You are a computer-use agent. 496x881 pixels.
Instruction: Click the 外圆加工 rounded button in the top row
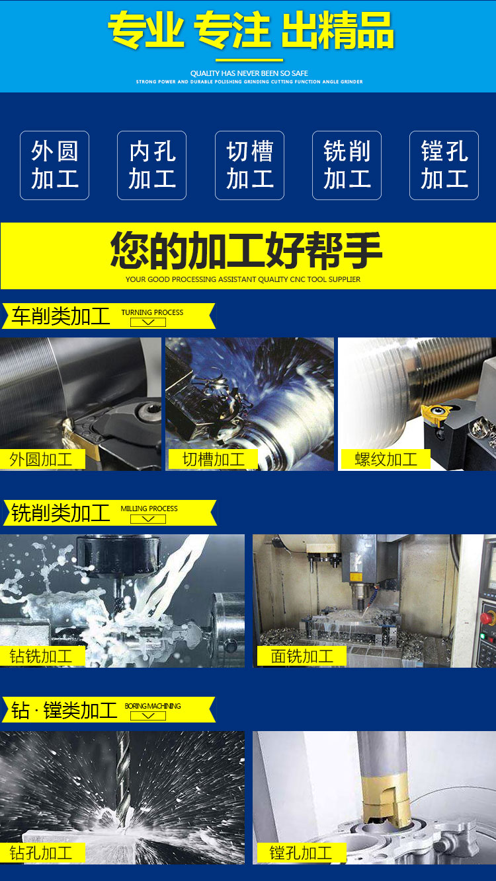pos(54,165)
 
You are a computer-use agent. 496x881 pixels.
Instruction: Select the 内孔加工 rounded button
pos(151,165)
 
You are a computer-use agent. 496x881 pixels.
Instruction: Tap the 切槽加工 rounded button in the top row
pos(249,165)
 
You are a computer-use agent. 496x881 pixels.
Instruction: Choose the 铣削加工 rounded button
pos(347,165)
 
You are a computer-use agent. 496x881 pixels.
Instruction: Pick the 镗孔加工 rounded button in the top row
pos(444,165)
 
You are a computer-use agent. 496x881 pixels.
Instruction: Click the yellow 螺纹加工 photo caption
pos(386,460)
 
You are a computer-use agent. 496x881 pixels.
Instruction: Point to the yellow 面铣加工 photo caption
pos(302,656)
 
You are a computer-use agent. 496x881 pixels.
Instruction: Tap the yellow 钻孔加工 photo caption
pos(42,853)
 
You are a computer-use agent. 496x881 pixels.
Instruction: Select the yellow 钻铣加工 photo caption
pos(42,656)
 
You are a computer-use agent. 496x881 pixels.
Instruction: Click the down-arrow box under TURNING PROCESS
pos(148,322)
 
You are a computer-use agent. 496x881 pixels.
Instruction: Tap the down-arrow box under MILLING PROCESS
pos(148,519)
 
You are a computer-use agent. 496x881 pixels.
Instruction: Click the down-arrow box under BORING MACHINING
pos(148,716)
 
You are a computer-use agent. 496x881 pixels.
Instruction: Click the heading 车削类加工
pos(61,316)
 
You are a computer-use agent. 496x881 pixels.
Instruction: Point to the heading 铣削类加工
pos(61,513)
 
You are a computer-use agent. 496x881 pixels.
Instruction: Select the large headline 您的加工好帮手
pos(246,250)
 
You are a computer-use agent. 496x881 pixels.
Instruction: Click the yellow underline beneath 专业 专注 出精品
pos(249,60)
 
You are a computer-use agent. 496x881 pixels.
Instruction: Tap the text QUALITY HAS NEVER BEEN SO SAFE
pos(249,73)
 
